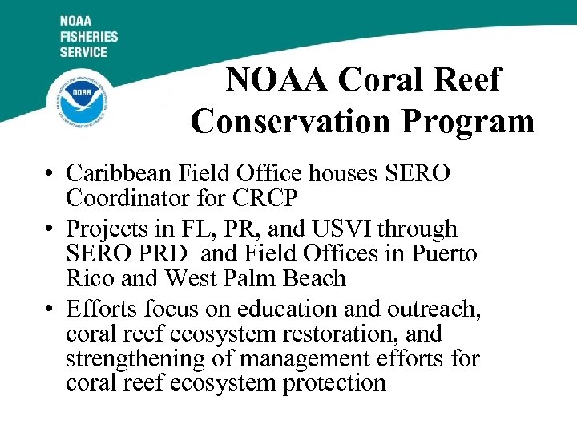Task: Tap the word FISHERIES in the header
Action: pos(88,36)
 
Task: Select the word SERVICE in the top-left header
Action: pos(83,51)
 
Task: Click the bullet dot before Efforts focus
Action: pos(50,310)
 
